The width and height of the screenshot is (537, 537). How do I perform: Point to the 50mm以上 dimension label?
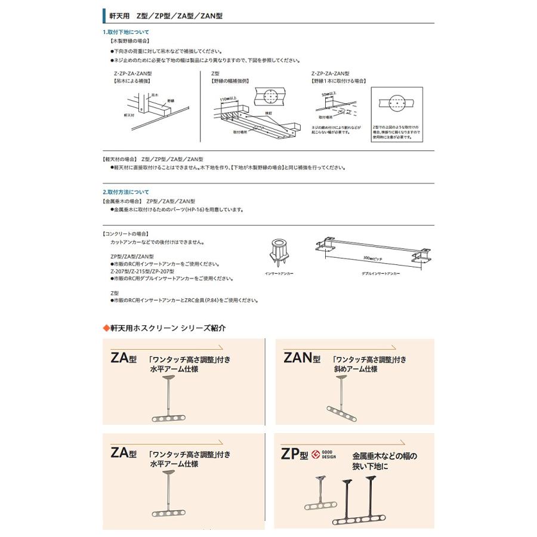click(x=329, y=94)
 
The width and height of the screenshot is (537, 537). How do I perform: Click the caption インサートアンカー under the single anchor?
click(x=276, y=273)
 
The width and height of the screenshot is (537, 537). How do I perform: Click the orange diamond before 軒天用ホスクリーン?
click(x=105, y=328)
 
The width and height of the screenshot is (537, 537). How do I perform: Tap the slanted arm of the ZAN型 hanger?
click(x=342, y=411)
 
